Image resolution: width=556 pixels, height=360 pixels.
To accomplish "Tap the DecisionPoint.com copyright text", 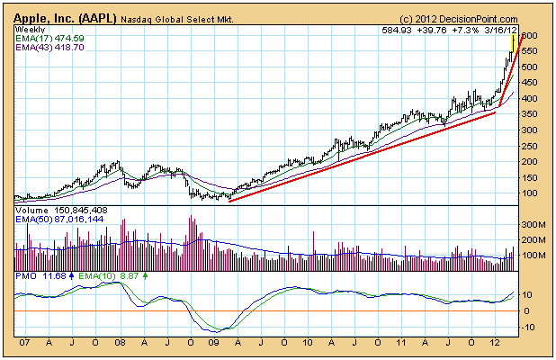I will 459,18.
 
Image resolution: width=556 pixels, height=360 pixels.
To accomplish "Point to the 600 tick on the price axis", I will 530,35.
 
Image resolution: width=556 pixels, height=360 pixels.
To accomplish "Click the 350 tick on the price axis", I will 530,113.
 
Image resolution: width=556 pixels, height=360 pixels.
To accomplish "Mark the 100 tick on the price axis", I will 530,193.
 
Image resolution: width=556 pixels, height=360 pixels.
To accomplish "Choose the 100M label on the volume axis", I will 534,255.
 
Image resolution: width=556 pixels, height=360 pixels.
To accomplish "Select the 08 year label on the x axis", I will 120,343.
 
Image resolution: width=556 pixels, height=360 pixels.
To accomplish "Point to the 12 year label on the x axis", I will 495,343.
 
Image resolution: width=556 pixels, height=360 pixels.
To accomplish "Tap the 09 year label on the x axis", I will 213,343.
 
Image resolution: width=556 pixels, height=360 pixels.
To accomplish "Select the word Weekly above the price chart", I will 31,30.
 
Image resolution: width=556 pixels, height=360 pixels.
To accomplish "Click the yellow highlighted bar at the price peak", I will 513,41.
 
